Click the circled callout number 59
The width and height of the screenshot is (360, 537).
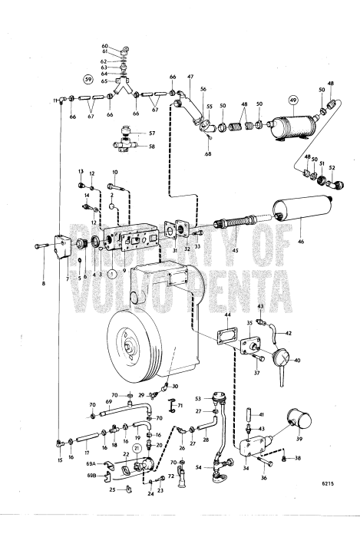(88, 79)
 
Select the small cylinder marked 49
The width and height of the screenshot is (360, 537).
(287, 126)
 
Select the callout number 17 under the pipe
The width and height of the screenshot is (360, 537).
(88, 453)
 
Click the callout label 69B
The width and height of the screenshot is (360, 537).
(91, 476)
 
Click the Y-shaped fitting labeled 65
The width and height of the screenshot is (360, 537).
(122, 81)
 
